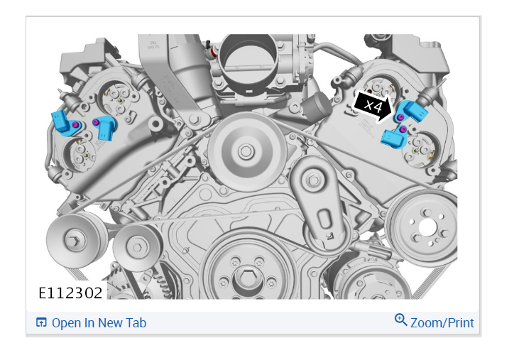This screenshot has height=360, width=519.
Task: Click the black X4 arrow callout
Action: pos(372,107)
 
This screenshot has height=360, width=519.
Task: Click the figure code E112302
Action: pos(70,293)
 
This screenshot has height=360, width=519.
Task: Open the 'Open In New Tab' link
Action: pos(99,323)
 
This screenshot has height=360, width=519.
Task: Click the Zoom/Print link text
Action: pos(442,323)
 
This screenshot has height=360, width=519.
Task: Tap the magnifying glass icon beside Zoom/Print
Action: pos(400,320)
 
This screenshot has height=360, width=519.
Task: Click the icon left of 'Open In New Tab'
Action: pos(41,322)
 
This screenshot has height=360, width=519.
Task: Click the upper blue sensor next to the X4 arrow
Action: pos(411,112)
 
